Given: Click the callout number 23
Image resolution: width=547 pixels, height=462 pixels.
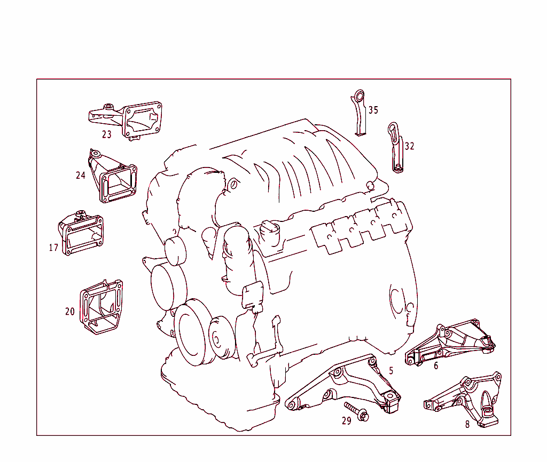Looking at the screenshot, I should tap(107, 134).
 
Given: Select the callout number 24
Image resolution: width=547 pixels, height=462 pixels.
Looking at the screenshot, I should tap(81, 175).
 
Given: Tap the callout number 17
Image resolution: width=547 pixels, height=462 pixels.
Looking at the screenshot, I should tap(53, 248).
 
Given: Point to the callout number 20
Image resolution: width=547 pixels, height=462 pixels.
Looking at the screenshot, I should tap(70, 312).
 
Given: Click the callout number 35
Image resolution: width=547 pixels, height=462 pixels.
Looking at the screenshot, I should tap(373, 110).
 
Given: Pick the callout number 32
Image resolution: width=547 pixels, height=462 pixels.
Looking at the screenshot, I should tap(409, 146).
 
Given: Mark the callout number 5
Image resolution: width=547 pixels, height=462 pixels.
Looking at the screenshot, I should tap(391, 370).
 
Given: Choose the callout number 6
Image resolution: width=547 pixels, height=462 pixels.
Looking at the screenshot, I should tap(436, 366).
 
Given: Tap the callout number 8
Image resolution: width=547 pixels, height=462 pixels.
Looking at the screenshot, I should tap(467, 425).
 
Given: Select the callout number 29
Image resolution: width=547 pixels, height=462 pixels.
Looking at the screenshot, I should tap(347, 421).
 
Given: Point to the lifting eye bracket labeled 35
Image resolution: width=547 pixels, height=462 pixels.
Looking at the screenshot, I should tap(360, 113).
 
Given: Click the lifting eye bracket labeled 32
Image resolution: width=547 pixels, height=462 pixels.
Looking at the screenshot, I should tap(396, 147).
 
